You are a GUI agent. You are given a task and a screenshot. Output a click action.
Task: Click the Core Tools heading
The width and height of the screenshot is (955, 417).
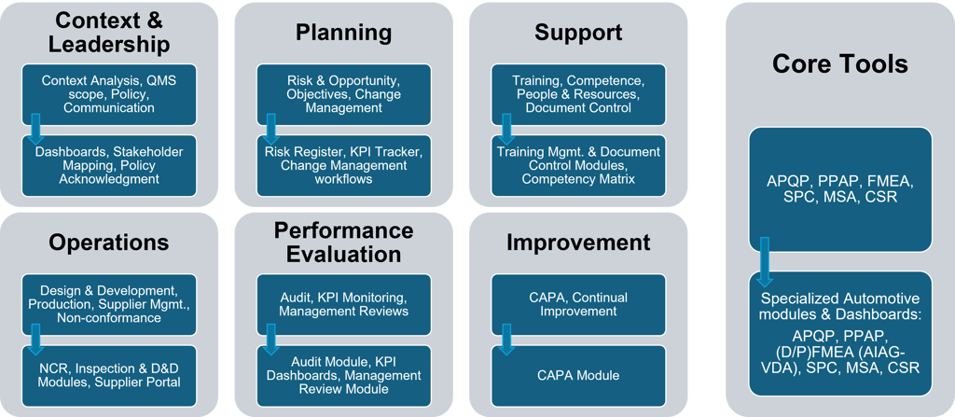click(x=839, y=63)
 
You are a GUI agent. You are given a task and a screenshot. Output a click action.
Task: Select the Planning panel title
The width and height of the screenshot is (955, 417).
click(x=343, y=33)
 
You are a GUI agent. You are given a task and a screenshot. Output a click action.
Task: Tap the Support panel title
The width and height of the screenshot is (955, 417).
click(x=578, y=33)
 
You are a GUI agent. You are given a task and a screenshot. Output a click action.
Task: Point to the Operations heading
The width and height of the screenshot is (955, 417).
click(x=109, y=243)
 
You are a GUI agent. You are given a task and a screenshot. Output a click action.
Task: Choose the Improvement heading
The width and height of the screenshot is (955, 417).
click(x=578, y=243)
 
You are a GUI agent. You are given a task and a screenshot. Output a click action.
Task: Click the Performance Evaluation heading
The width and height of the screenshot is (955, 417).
click(x=343, y=242)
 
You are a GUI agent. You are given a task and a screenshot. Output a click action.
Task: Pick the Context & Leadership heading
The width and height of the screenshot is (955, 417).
click(x=109, y=33)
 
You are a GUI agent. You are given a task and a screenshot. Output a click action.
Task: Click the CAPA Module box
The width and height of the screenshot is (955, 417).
click(x=578, y=376)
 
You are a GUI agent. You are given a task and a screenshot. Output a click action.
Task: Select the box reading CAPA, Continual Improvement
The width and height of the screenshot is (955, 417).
click(x=578, y=304)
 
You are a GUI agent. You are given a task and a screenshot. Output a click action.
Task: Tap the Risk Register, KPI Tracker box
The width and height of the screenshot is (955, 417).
click(x=343, y=165)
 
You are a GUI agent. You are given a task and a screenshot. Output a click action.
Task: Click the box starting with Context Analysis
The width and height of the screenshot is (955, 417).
click(x=109, y=94)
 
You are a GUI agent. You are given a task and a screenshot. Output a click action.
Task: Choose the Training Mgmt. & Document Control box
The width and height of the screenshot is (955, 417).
click(x=578, y=165)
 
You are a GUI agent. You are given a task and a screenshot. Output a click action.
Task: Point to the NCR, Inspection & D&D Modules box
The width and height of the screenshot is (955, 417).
click(x=109, y=376)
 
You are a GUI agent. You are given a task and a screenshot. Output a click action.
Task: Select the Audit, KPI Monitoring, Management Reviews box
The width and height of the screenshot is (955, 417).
click(x=343, y=304)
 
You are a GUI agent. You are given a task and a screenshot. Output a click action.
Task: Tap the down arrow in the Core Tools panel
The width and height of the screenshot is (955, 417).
click(x=765, y=261)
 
